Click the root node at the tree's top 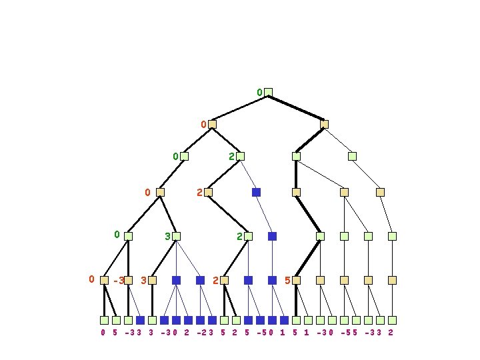click(268, 92)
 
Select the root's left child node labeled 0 click(212, 124)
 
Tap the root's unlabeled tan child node click(324, 124)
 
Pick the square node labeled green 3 click(176, 236)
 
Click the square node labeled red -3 click(128, 281)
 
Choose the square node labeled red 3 click(152, 281)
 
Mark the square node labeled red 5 click(296, 281)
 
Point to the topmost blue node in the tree click(256, 192)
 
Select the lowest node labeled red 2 click(224, 281)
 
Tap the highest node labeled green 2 click(240, 157)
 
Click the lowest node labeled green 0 click(128, 236)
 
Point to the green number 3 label click(167, 236)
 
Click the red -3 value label click(119, 281)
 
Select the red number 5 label click(287, 281)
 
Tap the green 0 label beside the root click(259, 92)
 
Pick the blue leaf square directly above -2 click(200, 320)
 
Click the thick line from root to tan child click(296, 108)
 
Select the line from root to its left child click(240, 108)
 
